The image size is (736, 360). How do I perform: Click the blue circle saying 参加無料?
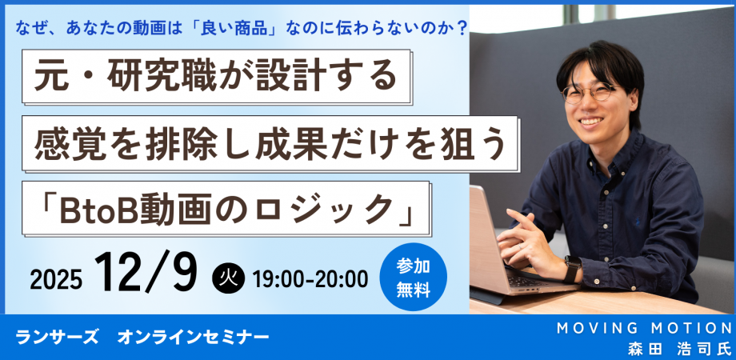tap(413, 277)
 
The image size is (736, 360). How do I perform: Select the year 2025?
tap(56, 280)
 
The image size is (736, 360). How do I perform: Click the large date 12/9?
tap(146, 272)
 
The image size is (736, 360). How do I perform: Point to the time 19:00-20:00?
tap(310, 279)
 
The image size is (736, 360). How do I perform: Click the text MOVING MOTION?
tap(644, 328)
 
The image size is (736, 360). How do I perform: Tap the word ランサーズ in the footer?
tap(57, 337)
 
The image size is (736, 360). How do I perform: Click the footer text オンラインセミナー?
tap(194, 337)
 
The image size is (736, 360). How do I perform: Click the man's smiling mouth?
tap(591, 121)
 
